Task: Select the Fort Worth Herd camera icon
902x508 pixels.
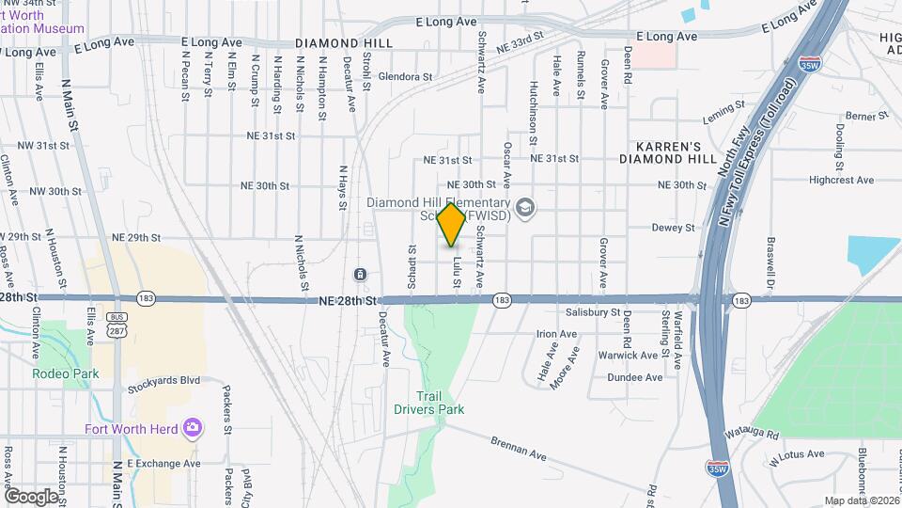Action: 193,429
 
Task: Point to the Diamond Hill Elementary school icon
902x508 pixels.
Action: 525,206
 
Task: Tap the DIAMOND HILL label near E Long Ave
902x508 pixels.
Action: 330,43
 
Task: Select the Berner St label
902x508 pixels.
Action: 860,116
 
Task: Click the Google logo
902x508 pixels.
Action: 31,495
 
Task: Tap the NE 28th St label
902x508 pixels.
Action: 347,300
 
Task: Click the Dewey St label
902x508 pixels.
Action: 673,228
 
